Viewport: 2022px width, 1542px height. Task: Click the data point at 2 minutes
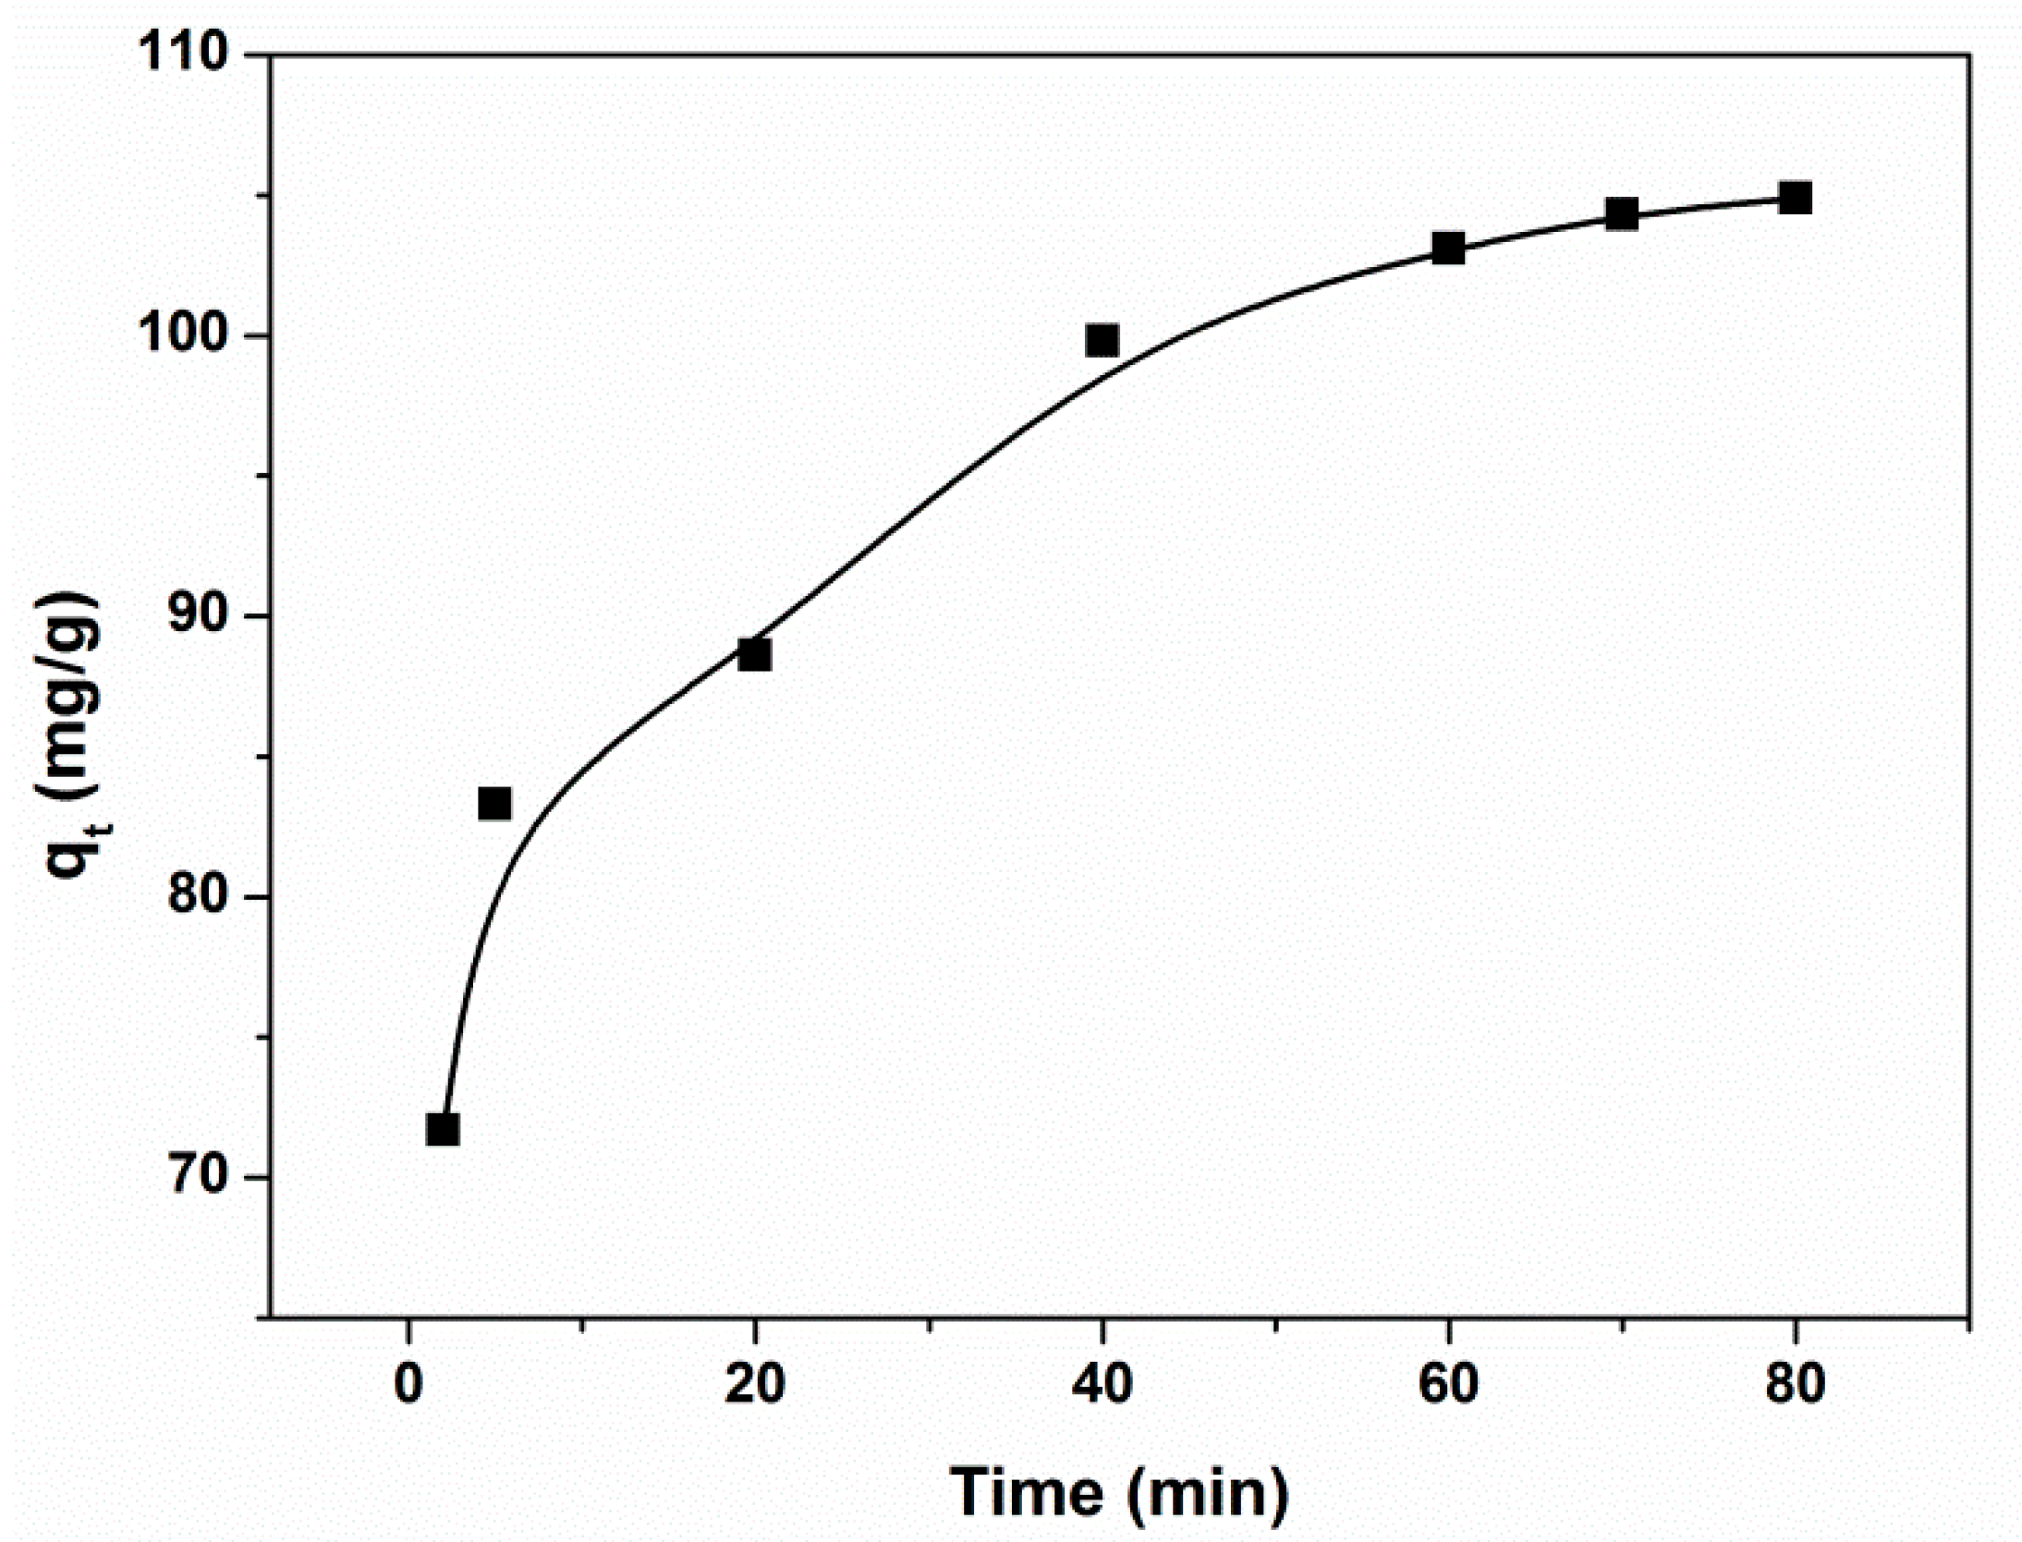pos(443,1129)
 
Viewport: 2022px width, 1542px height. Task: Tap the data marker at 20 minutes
pos(755,654)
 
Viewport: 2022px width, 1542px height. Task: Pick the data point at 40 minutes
pos(1102,340)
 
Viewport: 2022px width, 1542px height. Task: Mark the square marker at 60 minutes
pos(1448,248)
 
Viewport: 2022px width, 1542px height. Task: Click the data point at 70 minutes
pos(1622,214)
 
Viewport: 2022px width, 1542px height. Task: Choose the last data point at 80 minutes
pos(1795,198)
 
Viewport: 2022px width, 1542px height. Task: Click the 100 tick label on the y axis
pos(181,336)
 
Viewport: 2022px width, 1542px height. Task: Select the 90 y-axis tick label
pos(198,616)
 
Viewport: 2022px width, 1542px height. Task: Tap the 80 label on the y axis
pos(198,897)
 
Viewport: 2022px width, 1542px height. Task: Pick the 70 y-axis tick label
pos(198,1178)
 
